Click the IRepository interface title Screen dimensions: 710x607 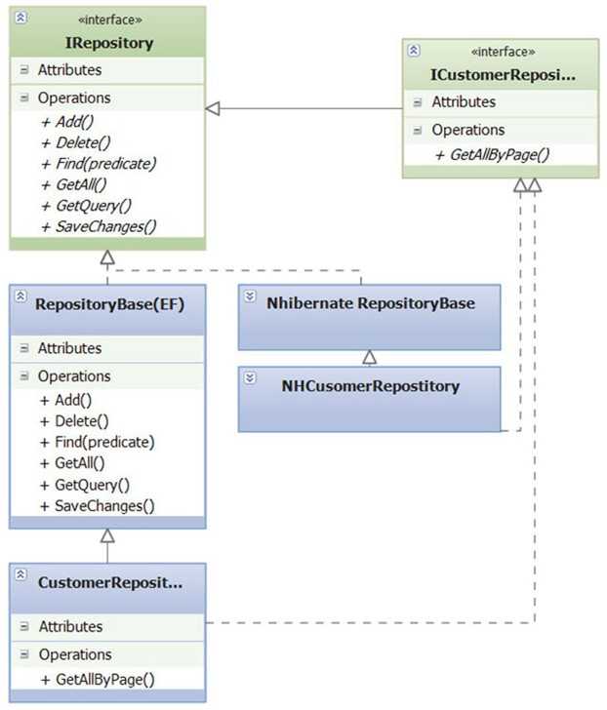[x=108, y=43]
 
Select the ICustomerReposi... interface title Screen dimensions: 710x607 [x=504, y=74]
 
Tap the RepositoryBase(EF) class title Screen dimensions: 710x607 [x=110, y=303]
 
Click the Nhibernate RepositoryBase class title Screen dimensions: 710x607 [x=371, y=303]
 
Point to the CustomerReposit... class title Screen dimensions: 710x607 [x=110, y=581]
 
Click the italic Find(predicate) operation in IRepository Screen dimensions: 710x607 [x=99, y=163]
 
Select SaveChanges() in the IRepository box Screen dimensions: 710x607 [x=100, y=226]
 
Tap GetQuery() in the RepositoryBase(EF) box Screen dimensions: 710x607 [x=86, y=484]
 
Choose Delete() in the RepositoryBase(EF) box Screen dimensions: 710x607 [x=75, y=420]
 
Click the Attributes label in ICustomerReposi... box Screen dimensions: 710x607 [x=464, y=101]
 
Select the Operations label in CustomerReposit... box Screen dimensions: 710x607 [x=74, y=653]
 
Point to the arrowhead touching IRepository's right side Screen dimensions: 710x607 [x=214, y=109]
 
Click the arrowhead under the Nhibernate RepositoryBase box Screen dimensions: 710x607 [x=369, y=357]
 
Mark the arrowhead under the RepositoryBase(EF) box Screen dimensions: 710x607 [x=107, y=535]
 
